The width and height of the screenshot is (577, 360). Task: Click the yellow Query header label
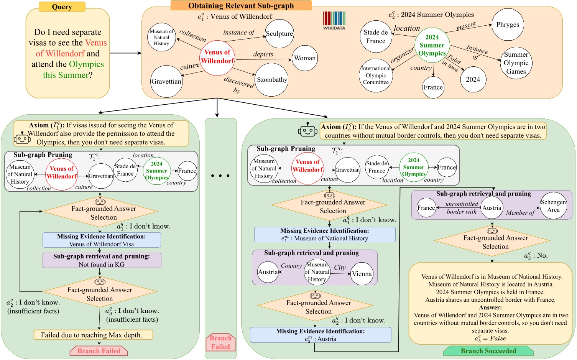(x=62, y=7)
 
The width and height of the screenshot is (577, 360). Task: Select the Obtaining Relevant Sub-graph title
(x=241, y=5)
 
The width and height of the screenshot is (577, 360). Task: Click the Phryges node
(x=508, y=25)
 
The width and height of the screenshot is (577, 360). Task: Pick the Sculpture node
(x=279, y=34)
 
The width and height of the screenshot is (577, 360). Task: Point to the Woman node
(x=305, y=58)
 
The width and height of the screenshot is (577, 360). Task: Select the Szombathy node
(x=272, y=80)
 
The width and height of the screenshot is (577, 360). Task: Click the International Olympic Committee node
(x=376, y=76)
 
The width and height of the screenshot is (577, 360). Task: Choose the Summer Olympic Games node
(x=516, y=63)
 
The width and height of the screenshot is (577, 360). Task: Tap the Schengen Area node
(x=553, y=206)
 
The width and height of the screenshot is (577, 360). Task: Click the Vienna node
(x=362, y=274)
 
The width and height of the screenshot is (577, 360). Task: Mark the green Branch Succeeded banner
(x=488, y=351)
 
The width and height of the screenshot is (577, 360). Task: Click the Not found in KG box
(x=102, y=260)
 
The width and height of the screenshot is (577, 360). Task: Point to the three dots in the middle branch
(x=220, y=176)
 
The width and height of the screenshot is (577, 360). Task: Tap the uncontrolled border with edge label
(x=462, y=208)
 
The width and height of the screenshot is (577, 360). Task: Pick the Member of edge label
(x=520, y=213)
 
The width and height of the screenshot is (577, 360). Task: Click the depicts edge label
(x=263, y=54)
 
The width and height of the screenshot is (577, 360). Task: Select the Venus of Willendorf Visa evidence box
(x=102, y=240)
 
